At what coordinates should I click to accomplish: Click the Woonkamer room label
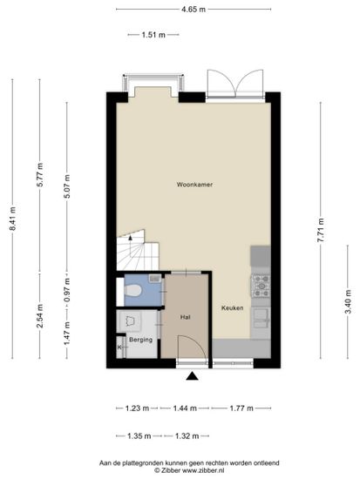pyautogui.click(x=194, y=185)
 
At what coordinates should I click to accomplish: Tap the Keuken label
pyautogui.click(x=233, y=308)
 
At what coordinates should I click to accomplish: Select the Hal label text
pyautogui.click(x=185, y=317)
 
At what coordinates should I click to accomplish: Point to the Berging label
pyautogui.click(x=140, y=340)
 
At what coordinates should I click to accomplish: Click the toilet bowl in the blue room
pyautogui.click(x=133, y=290)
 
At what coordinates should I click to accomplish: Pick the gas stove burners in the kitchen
pyautogui.click(x=261, y=286)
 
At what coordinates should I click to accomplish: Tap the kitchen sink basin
pyautogui.click(x=261, y=318)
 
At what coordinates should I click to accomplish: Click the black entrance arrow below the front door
pyautogui.click(x=192, y=376)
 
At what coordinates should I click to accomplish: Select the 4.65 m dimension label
pyautogui.click(x=194, y=10)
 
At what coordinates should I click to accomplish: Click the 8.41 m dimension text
pyautogui.click(x=12, y=219)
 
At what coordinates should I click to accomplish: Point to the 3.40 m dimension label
pyautogui.click(x=348, y=302)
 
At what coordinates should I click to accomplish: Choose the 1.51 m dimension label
pyautogui.click(x=153, y=35)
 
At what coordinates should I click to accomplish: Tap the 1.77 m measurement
pyautogui.click(x=241, y=408)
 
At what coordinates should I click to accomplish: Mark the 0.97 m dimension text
pyautogui.click(x=67, y=290)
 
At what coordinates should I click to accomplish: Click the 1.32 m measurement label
pyautogui.click(x=187, y=436)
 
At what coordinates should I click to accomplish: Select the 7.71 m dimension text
pyautogui.click(x=321, y=230)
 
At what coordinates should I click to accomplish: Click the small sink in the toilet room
pyautogui.click(x=155, y=279)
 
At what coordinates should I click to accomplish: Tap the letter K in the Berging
pyautogui.click(x=119, y=347)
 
